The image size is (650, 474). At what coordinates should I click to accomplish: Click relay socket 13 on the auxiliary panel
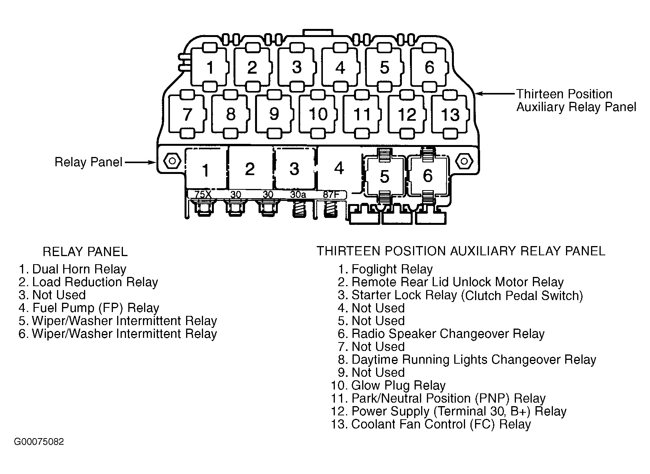[450, 115]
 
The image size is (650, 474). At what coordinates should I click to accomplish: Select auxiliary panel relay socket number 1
[210, 68]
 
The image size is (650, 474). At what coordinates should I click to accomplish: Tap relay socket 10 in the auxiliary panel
[318, 114]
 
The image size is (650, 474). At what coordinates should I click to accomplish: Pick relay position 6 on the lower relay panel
[428, 176]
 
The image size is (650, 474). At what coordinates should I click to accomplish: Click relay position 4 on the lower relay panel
[339, 169]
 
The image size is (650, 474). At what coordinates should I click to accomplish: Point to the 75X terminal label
[203, 195]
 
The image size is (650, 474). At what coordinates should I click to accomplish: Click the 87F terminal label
[331, 195]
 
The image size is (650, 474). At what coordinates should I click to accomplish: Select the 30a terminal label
[298, 195]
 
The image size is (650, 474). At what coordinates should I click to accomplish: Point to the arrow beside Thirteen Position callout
[495, 94]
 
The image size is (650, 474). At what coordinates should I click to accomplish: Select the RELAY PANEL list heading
[85, 252]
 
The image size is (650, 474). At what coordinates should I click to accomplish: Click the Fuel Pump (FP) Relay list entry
[89, 308]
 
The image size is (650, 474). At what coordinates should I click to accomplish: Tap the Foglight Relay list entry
[385, 269]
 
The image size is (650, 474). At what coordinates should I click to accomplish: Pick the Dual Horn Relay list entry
[72, 269]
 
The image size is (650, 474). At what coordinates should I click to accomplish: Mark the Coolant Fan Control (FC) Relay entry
[431, 424]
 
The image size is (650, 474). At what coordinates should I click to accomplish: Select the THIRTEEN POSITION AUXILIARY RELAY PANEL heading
[461, 251]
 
